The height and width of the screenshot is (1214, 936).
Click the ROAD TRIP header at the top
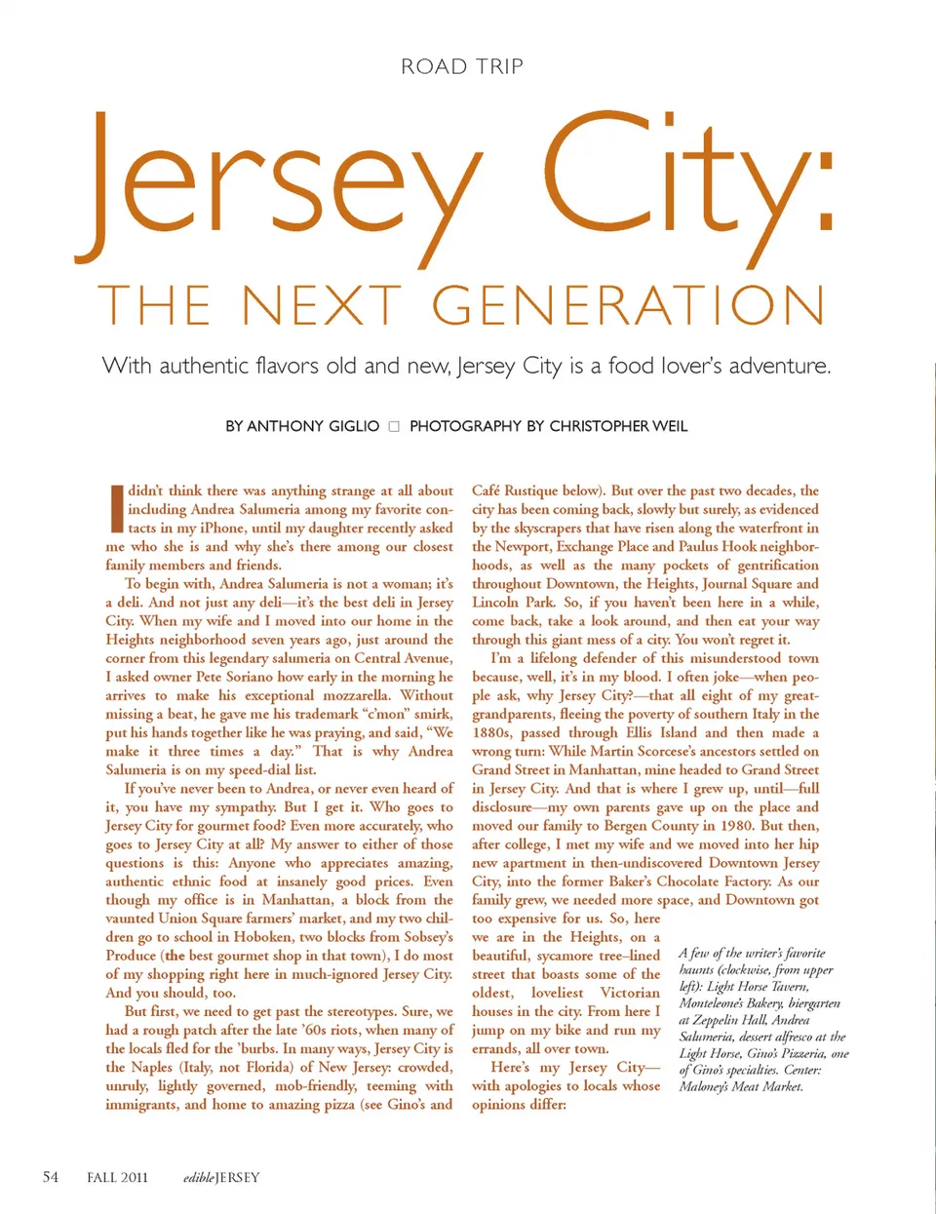pos(462,67)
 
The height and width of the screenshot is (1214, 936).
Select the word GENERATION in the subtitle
pos(629,305)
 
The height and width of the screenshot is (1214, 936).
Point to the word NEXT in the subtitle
pos(322,305)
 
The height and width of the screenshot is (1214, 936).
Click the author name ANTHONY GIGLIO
pos(313,426)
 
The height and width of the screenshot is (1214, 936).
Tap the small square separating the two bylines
pos(394,426)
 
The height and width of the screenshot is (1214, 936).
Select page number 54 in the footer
pos(51,1177)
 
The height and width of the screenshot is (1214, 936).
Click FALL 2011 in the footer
pos(117,1177)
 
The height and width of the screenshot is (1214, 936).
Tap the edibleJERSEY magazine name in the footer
pos(221,1177)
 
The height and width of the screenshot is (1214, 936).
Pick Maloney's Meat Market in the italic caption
pos(741,1086)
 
